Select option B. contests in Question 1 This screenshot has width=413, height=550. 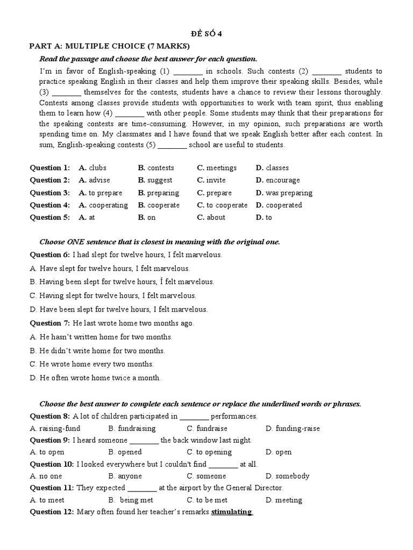pos(156,168)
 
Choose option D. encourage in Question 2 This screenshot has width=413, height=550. pos(278,180)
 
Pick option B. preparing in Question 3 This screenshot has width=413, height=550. pos(159,193)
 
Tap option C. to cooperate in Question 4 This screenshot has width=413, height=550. pos(222,205)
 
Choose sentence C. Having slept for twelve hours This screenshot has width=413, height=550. pos(113,295)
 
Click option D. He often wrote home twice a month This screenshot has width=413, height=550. pos(95,378)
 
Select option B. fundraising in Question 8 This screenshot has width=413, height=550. pos(132,429)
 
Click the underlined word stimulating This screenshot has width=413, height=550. pos(231,512)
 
